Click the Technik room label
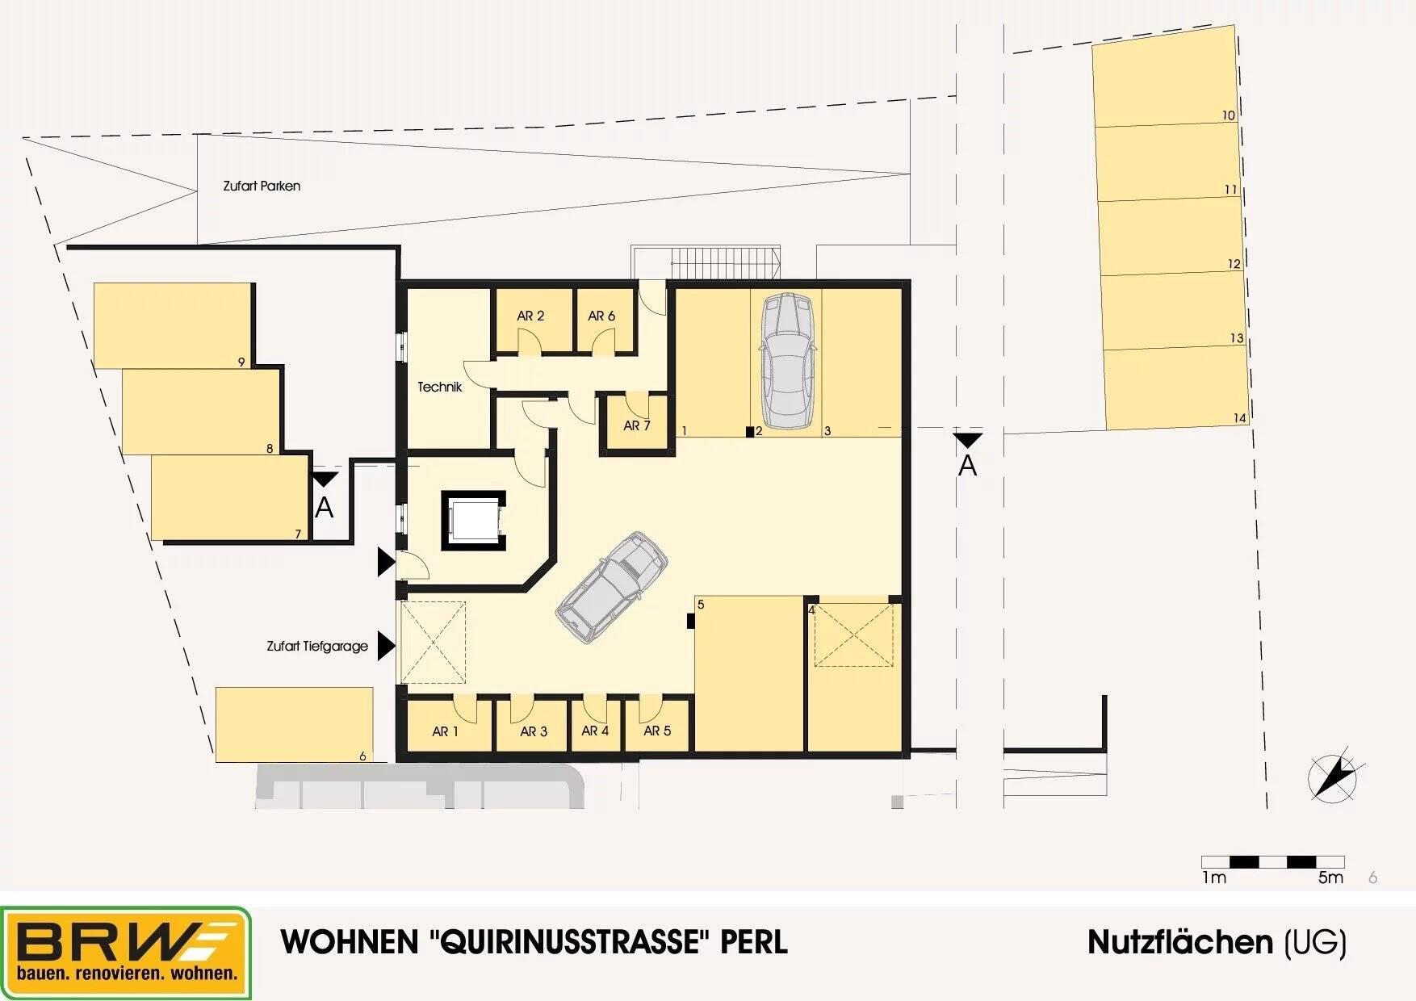[x=439, y=387]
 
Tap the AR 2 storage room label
[x=530, y=316]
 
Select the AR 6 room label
[x=601, y=316]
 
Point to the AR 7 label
[x=636, y=425]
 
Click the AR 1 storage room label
[x=445, y=731]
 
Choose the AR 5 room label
[x=657, y=731]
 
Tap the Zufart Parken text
[x=262, y=186]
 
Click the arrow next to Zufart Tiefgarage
[x=386, y=646]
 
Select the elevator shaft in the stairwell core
[x=473, y=519]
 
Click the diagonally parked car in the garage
[x=612, y=587]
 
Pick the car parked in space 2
[x=787, y=360]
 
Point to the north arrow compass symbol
[x=1333, y=777]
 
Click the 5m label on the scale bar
[x=1330, y=877]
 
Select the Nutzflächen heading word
[x=1181, y=942]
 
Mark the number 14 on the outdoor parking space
[x=1240, y=418]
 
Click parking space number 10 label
[x=1228, y=115]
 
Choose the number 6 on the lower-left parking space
[x=362, y=756]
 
